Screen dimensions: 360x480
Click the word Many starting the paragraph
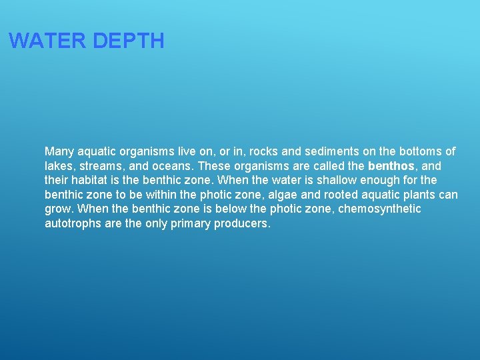click(x=58, y=151)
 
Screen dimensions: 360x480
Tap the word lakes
click(x=59, y=166)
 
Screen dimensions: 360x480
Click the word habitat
click(x=95, y=180)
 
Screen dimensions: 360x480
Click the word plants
click(x=422, y=195)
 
